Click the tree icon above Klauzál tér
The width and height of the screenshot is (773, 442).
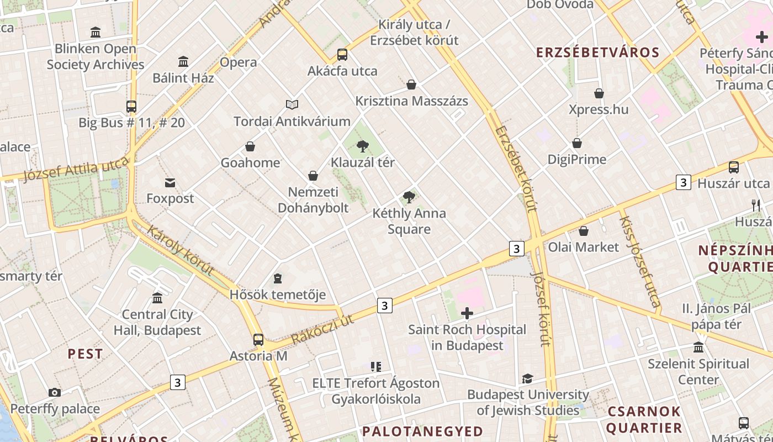pos(362,146)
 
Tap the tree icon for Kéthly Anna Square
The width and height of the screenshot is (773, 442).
pos(409,197)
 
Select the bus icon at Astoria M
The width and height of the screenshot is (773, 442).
pos(258,340)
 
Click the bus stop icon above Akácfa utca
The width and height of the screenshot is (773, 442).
pos(342,55)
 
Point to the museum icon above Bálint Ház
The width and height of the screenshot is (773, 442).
pos(183,61)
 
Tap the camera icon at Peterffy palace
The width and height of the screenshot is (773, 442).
pos(54,393)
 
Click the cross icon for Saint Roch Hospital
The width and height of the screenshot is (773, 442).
pos(467,314)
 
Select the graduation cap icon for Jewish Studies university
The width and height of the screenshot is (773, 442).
pos(527,378)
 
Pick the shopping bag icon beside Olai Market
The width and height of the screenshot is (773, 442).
pos(584,231)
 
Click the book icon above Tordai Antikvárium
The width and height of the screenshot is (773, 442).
pos(292,104)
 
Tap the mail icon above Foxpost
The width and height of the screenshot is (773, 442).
pos(170,182)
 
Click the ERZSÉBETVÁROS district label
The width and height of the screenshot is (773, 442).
pos(598,52)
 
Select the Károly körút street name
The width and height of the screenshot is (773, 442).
pos(180,250)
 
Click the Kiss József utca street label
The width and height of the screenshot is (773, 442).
pos(639,261)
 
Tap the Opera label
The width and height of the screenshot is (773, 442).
pos(239,62)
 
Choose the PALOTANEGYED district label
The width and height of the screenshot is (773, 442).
pos(422,431)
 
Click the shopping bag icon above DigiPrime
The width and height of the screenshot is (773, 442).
pos(577,144)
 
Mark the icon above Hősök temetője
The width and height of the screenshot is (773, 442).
pos(278,278)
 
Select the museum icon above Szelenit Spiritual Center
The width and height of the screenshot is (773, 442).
pos(698,348)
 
